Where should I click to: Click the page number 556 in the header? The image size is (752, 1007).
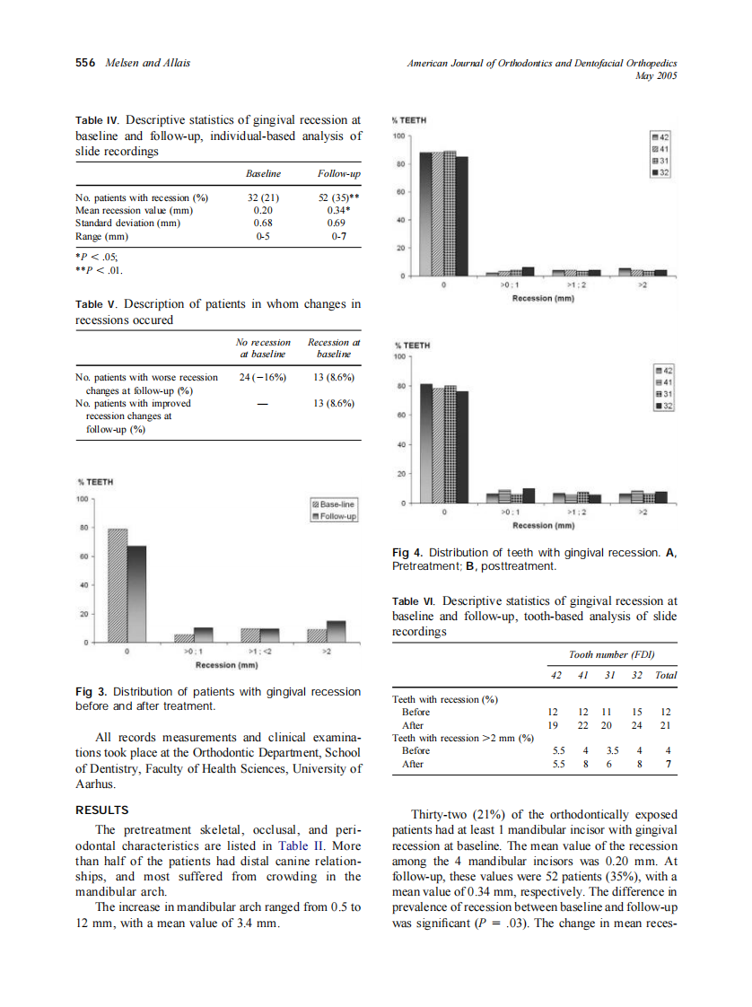click(x=84, y=63)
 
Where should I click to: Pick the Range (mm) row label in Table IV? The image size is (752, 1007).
click(x=102, y=237)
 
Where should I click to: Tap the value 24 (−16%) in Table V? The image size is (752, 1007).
click(x=263, y=378)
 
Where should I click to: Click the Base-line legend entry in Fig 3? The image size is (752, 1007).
click(x=334, y=504)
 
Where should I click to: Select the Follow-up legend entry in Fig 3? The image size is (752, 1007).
click(x=334, y=516)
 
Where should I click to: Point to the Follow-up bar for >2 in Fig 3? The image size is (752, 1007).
click(x=336, y=632)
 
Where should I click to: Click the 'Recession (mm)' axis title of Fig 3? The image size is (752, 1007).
click(x=227, y=665)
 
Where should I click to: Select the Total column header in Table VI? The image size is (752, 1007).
click(x=666, y=675)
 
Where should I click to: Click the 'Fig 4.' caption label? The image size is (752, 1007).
click(x=408, y=552)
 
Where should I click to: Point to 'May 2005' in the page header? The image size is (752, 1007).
click(x=655, y=76)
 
